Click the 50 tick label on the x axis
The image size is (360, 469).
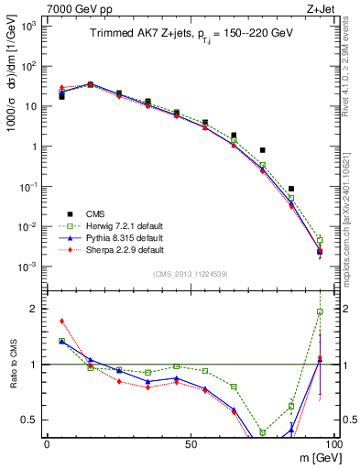pyautogui.click(x=190, y=442)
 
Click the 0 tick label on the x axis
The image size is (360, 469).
pyautogui.click(x=47, y=442)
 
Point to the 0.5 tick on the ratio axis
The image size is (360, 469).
pyautogui.click(x=30, y=420)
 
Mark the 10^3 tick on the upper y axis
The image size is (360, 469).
pyautogui.click(x=28, y=26)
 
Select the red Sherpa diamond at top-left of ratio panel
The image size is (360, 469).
pyautogui.click(x=61, y=321)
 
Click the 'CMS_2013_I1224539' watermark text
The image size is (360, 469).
pyautogui.click(x=190, y=273)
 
